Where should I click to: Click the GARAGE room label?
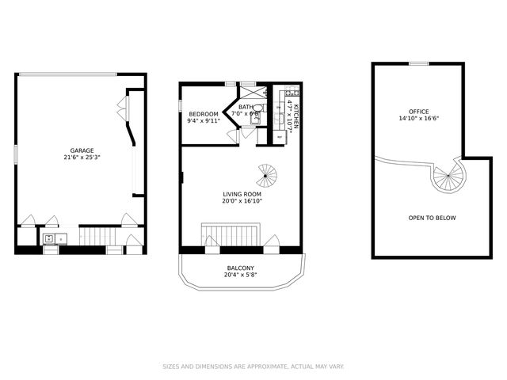click(82, 150)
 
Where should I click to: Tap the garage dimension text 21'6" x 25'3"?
click(82, 158)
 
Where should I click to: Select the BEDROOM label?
click(203, 114)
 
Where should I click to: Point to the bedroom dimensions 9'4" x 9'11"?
click(203, 121)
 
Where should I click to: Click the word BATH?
click(246, 107)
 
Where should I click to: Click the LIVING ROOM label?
click(242, 194)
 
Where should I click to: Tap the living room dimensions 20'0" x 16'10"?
click(242, 201)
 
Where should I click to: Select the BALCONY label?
click(241, 269)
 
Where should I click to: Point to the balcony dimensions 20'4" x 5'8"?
click(241, 276)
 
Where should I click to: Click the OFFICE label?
click(418, 111)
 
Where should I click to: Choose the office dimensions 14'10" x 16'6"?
click(418, 118)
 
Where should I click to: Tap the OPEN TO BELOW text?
click(432, 218)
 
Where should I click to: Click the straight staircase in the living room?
click(231, 236)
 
